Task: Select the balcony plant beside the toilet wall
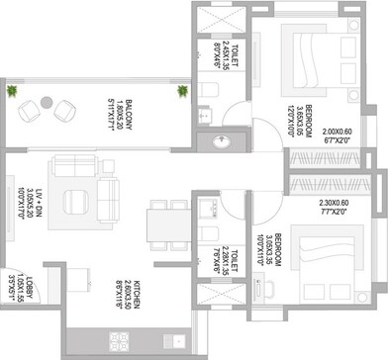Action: [x=182, y=92]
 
